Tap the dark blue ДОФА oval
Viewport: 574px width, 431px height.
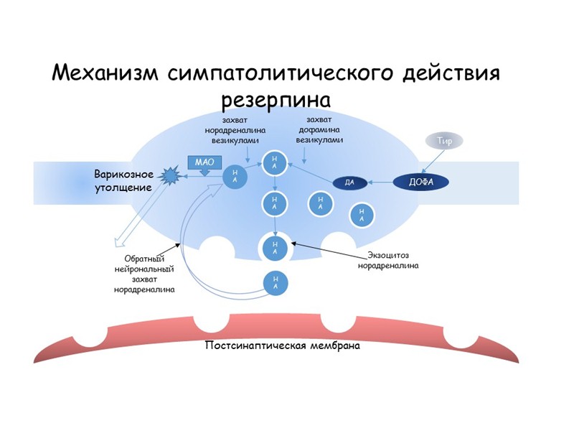421,182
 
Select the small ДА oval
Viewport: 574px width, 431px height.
350,183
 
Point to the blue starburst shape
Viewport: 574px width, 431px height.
171,175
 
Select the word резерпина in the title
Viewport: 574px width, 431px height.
276,97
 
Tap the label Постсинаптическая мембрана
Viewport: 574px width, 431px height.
282,346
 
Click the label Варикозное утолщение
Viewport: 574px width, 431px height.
123,181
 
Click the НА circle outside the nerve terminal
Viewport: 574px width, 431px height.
276,283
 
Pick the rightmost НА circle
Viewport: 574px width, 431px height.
362,213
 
